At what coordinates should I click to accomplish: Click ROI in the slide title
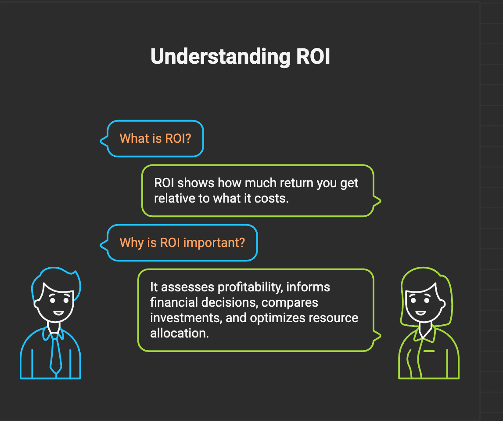pos(313,57)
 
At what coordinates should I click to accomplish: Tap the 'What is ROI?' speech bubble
pos(155,139)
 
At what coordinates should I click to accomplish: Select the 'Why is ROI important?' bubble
pos(182,243)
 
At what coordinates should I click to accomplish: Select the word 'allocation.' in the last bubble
pos(179,333)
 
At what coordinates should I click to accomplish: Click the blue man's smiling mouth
pos(58,313)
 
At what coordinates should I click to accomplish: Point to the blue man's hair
pos(57,277)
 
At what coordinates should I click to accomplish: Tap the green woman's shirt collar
pos(422,336)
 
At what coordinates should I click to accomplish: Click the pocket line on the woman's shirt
pos(429,351)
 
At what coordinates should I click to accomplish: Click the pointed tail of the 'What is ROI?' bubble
pos(103,141)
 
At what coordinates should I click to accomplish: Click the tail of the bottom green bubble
pos(378,337)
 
